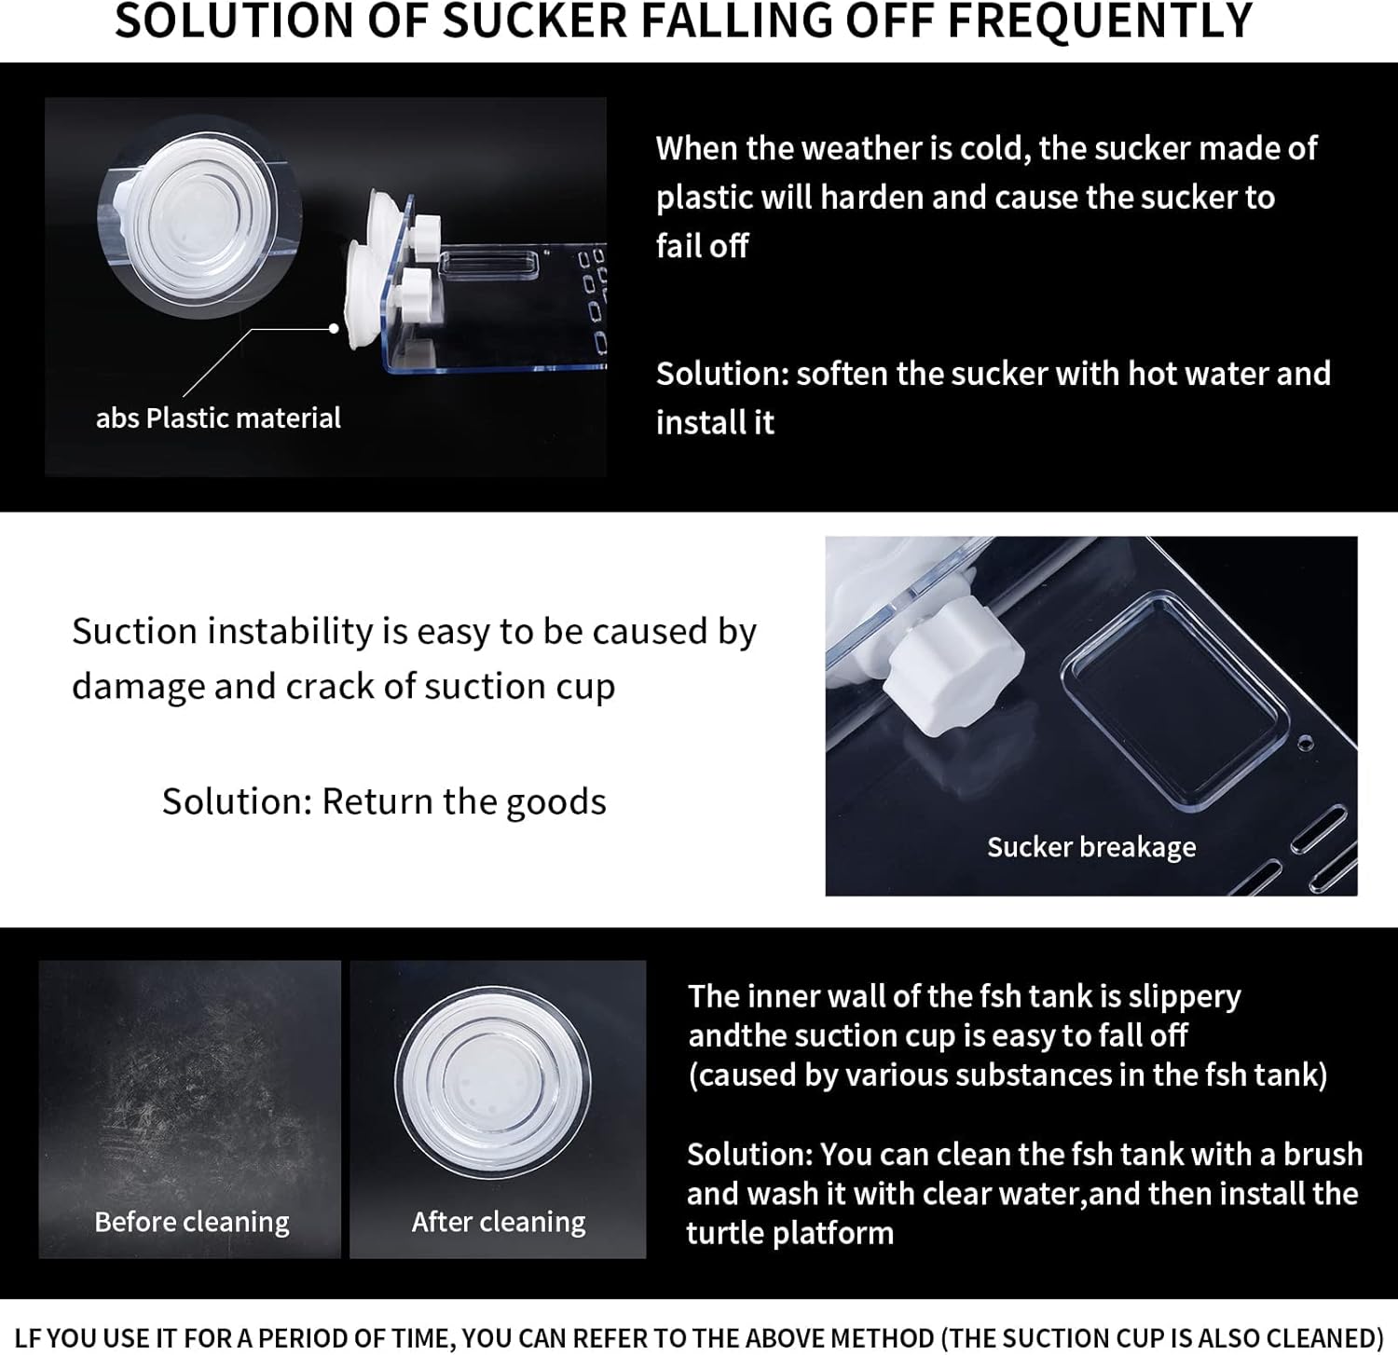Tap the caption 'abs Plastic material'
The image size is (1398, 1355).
coord(218,417)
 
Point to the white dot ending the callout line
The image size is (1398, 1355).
coord(334,328)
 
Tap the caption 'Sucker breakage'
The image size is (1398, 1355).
coord(1091,846)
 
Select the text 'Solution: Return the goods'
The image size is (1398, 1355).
coord(384,801)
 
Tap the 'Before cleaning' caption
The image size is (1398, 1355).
coord(192,1221)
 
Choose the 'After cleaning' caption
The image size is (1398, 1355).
coord(499,1221)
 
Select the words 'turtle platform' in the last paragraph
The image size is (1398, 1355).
coord(790,1232)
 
